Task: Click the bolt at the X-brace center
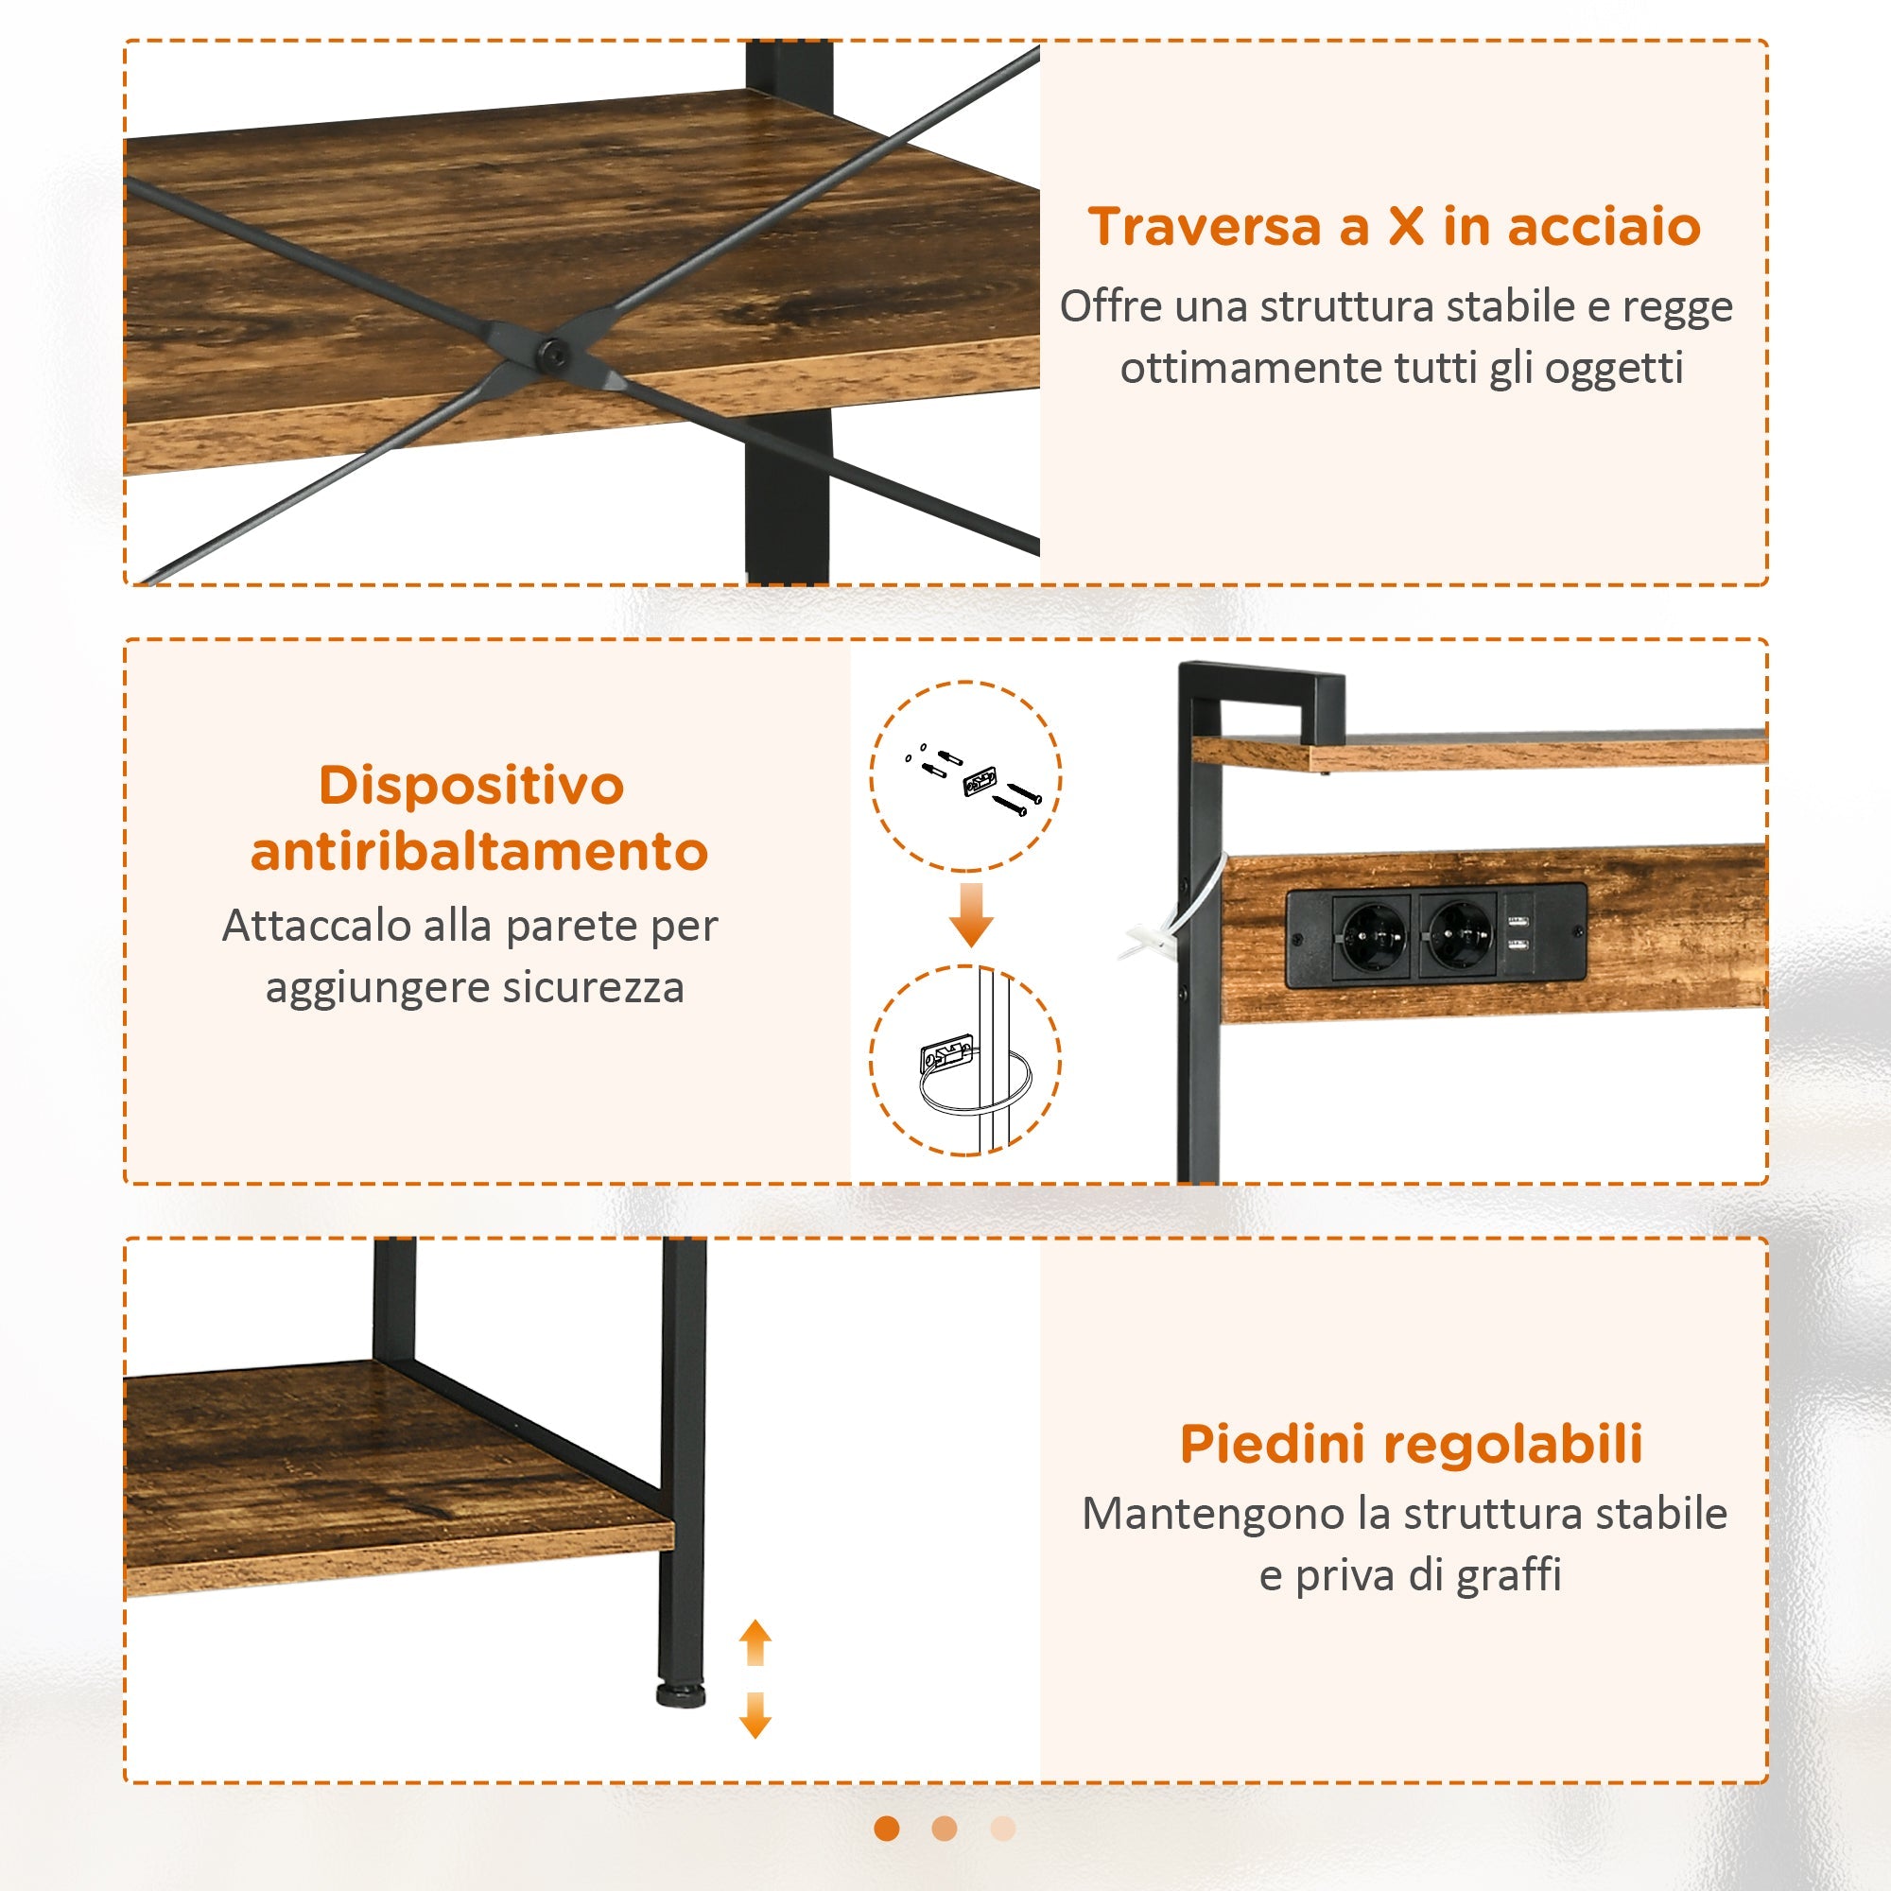[555, 352]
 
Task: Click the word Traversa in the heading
[1205, 227]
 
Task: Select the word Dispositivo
[471, 786]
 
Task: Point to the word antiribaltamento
[478, 852]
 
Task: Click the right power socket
[1459, 935]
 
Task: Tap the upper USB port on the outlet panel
[1518, 921]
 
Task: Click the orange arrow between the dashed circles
[971, 914]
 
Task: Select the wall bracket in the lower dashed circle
[945, 1058]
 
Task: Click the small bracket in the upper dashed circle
[980, 782]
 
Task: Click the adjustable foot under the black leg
[680, 1694]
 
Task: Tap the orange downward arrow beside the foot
[755, 1714]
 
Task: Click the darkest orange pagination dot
[887, 1828]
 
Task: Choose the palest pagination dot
[1002, 1828]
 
